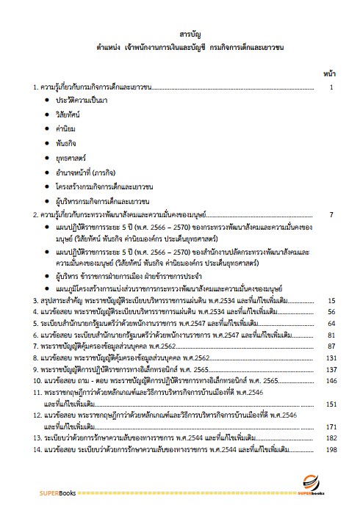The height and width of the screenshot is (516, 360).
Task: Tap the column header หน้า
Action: click(329, 74)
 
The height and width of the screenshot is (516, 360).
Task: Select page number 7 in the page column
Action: click(332, 215)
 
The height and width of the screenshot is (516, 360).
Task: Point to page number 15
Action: click(331, 301)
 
